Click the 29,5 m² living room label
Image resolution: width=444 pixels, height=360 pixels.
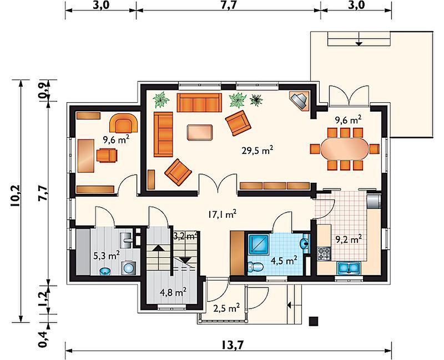pos(258,150)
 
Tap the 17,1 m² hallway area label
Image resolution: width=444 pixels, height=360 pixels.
pos(223,214)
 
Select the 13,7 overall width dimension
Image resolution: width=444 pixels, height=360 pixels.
pos(232,345)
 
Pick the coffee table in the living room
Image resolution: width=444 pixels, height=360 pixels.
pos(200,132)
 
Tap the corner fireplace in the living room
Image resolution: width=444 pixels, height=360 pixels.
pos(299,101)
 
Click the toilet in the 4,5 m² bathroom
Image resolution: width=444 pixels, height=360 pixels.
pos(255,267)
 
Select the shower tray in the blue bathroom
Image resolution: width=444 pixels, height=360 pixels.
pos(259,244)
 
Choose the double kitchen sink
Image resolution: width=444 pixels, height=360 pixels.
pos(349,268)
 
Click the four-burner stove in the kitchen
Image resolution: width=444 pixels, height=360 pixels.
pos(324,254)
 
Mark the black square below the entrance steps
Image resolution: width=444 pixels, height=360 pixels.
pos(314,321)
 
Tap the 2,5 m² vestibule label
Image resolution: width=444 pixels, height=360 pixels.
pos(226,308)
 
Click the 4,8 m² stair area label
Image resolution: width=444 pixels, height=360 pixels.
pos(173,292)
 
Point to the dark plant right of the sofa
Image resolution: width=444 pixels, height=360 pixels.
pos(256,100)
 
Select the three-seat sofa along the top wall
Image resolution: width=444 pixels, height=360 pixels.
pos(199,102)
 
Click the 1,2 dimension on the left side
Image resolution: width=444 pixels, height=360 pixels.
pos(43,299)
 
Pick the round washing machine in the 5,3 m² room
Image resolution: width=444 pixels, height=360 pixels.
pos(129,268)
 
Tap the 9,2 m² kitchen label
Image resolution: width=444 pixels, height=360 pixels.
pos(349,239)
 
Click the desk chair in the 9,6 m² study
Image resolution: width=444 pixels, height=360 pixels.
pos(107,156)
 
